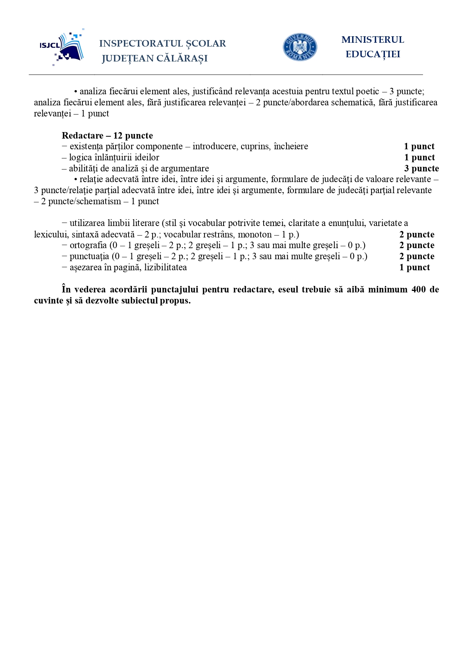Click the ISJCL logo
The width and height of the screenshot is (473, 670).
[x=62, y=47]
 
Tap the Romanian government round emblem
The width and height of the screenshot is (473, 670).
[x=300, y=47]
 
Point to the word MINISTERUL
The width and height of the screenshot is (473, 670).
[x=372, y=40]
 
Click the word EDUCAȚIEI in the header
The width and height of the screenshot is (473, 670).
[x=373, y=54]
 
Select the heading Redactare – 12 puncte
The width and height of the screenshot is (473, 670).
[x=107, y=136]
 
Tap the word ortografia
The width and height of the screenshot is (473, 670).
[x=88, y=245]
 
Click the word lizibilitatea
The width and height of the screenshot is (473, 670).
[x=166, y=267]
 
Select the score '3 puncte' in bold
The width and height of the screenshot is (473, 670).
[x=421, y=168]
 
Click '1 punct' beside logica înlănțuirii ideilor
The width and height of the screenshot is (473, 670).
[x=419, y=157]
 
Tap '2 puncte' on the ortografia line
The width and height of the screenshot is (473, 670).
[x=417, y=245]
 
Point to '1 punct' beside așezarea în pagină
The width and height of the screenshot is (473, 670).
[x=414, y=267]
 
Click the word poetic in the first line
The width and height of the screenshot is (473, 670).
[x=367, y=92]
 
